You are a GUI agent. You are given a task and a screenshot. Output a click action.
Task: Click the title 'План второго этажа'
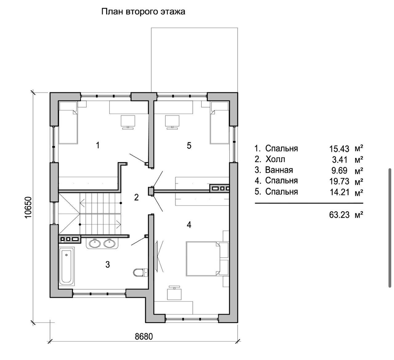click(x=143, y=12)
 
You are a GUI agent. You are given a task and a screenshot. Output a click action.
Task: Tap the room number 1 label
click(x=98, y=145)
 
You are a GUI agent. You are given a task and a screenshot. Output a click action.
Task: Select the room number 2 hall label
click(x=136, y=198)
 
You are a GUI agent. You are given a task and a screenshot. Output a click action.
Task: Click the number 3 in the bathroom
click(x=107, y=265)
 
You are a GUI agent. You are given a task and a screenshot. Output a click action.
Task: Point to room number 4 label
click(x=189, y=225)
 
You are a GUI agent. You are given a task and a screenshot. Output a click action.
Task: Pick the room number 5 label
click(x=189, y=145)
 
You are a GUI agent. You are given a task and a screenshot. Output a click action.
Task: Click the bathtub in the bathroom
click(x=66, y=266)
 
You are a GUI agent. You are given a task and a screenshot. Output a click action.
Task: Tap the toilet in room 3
click(x=140, y=272)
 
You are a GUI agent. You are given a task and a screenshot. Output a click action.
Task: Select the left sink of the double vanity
click(x=94, y=243)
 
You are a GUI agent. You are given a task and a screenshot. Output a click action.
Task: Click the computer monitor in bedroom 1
click(x=128, y=121)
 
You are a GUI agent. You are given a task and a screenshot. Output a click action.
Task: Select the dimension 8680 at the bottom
click(x=144, y=337)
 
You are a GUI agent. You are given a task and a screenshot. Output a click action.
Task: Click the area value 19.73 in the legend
click(x=339, y=182)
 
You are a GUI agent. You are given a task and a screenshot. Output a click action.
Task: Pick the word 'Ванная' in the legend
click(x=279, y=170)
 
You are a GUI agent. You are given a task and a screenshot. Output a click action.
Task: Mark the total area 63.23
click(x=339, y=215)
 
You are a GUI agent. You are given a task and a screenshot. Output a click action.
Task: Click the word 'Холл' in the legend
click(x=275, y=159)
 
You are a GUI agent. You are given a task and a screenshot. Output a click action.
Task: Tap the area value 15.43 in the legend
click(x=339, y=149)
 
